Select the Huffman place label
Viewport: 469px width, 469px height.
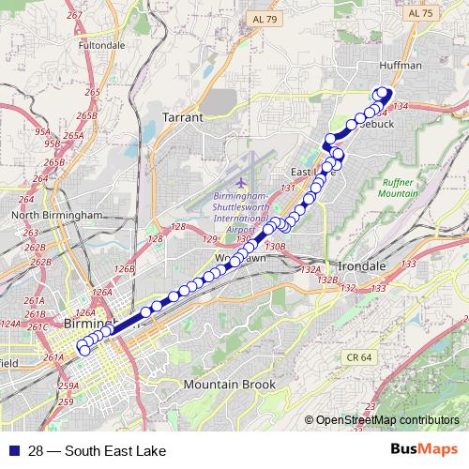pos(401,66)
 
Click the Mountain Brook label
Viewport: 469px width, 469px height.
pos(230,386)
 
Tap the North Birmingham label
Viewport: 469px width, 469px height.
pos(55,215)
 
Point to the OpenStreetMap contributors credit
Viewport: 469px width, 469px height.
pos(386,421)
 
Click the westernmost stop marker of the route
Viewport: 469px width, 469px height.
pos(83,350)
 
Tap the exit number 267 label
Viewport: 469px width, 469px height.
pos(76,42)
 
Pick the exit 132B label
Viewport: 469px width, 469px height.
pos(327,280)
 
